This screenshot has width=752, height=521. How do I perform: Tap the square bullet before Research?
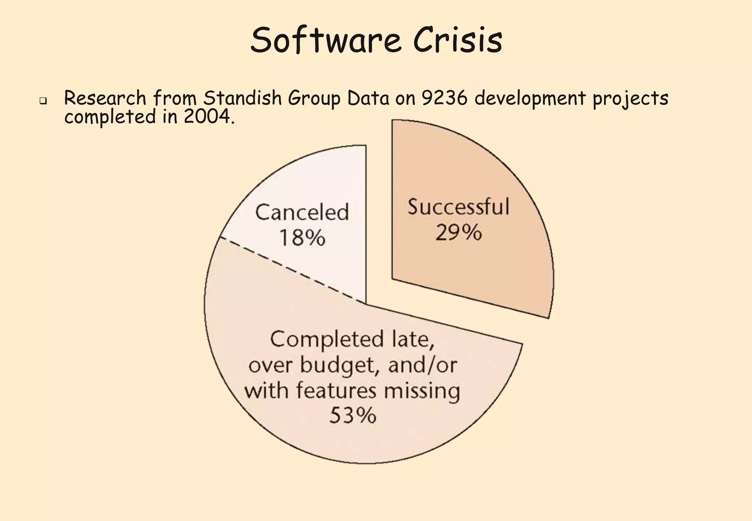click(43, 100)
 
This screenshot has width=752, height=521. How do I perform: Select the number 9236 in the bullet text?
click(444, 98)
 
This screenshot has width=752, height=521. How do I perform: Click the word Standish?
click(242, 98)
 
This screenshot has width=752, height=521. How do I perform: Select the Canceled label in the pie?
click(302, 212)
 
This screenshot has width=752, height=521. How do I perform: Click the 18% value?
click(302, 238)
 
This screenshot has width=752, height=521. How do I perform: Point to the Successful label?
click(458, 206)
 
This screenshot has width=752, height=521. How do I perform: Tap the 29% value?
click(458, 233)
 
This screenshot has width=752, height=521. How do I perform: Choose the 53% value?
click(352, 416)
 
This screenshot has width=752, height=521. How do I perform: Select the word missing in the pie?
click(422, 391)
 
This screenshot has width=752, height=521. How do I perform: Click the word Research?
click(105, 98)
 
